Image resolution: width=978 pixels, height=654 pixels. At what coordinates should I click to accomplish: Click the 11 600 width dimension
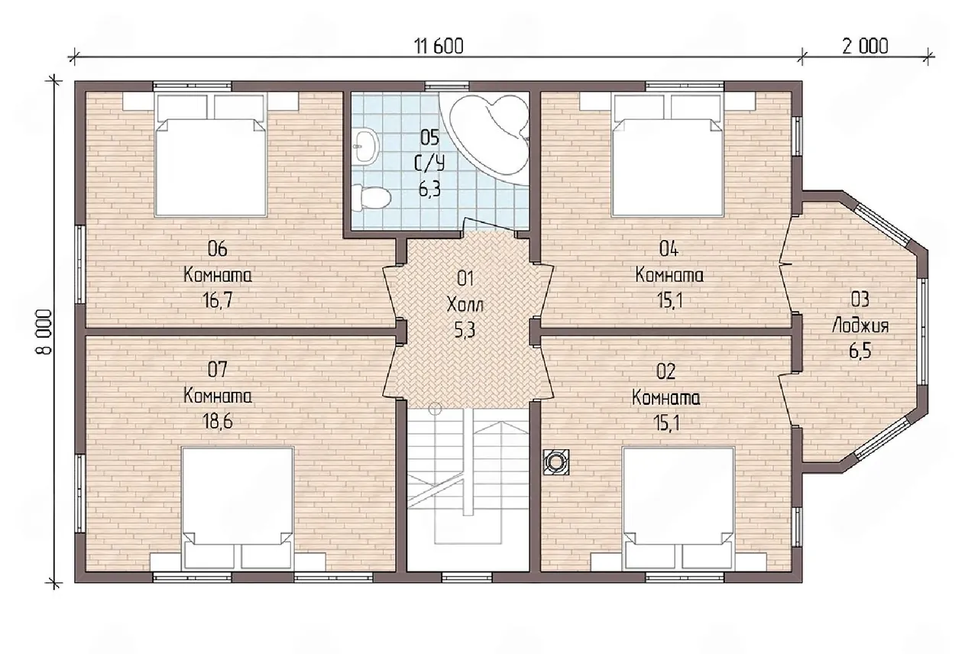pyautogui.click(x=439, y=47)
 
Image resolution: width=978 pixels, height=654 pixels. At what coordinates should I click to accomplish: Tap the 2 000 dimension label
pyautogui.click(x=865, y=47)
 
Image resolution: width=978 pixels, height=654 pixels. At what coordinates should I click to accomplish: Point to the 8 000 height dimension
pyautogui.click(x=44, y=332)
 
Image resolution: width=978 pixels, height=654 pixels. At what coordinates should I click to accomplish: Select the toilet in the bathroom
pyautogui.click(x=371, y=197)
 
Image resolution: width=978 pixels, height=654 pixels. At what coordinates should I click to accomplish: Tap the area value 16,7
pyautogui.click(x=217, y=300)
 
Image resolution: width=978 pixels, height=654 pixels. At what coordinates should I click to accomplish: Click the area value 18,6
pyautogui.click(x=217, y=421)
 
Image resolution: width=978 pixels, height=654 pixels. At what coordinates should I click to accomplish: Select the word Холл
pyautogui.click(x=465, y=305)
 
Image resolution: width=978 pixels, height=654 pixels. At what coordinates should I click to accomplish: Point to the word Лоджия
pyautogui.click(x=860, y=326)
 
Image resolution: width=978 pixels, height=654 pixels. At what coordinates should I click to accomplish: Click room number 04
pyautogui.click(x=669, y=249)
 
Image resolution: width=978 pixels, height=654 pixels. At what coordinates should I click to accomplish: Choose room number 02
pyautogui.click(x=665, y=371)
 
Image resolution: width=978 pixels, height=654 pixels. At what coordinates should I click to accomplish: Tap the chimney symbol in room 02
pyautogui.click(x=555, y=462)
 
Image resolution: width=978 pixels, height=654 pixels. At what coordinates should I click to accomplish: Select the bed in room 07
pyautogui.click(x=238, y=509)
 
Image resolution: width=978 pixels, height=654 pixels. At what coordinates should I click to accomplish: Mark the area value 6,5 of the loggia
pyautogui.click(x=860, y=351)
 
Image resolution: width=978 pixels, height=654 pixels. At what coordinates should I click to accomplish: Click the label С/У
pyautogui.click(x=429, y=163)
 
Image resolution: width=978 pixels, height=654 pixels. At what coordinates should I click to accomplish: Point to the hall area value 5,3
pyautogui.click(x=465, y=331)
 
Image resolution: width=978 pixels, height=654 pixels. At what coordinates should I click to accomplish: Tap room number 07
pyautogui.click(x=217, y=370)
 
